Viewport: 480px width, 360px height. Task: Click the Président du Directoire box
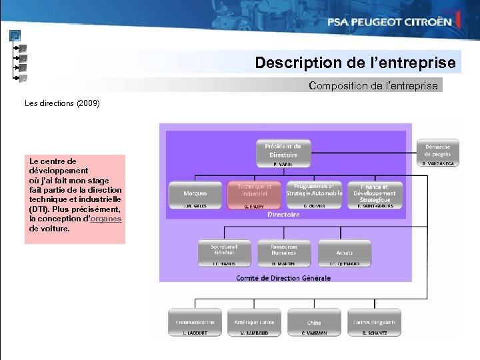click(283, 151)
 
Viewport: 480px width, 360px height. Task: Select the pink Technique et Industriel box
click(254, 191)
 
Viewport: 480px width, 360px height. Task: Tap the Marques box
click(195, 193)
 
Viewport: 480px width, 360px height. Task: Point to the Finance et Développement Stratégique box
click(375, 193)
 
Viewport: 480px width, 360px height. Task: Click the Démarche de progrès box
click(437, 151)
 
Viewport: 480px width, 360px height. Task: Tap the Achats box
click(344, 251)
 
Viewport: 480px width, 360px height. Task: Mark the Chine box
click(313, 322)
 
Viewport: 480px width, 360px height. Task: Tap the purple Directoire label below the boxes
click(283, 215)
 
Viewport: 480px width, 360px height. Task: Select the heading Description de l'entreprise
click(355, 63)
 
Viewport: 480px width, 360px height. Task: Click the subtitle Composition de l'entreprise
click(373, 85)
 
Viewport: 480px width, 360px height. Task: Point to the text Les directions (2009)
click(62, 103)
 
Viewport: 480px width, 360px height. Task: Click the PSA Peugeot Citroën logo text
click(389, 21)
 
